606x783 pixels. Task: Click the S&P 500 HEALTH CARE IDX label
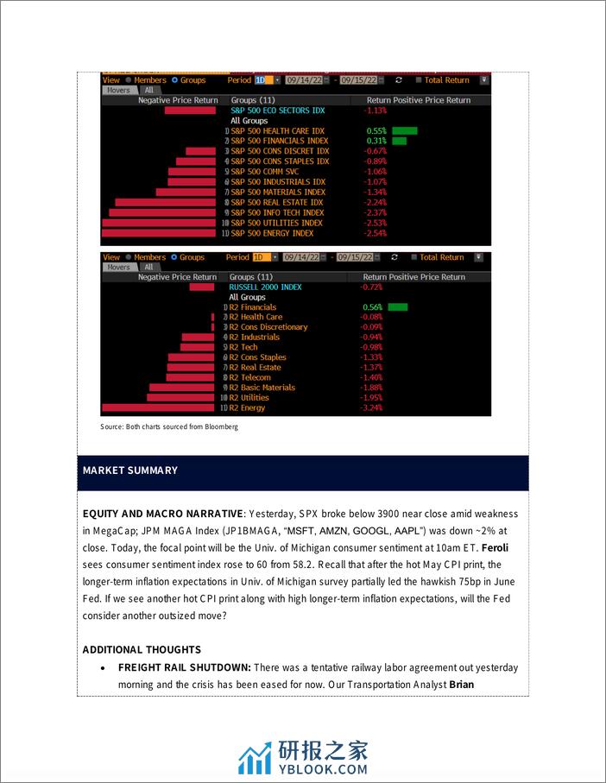pyautogui.click(x=277, y=130)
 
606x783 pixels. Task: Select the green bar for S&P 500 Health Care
pyautogui.click(x=404, y=130)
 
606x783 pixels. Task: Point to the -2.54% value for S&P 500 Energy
pyautogui.click(x=376, y=233)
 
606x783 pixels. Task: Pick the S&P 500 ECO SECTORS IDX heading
pyautogui.click(x=278, y=111)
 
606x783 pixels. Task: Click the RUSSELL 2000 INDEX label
pyautogui.click(x=266, y=287)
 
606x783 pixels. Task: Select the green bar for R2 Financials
pyautogui.click(x=397, y=306)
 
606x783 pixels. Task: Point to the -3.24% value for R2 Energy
pyautogui.click(x=372, y=407)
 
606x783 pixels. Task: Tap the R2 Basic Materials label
pyautogui.click(x=268, y=388)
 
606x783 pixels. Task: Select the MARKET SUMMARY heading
pyautogui.click(x=130, y=470)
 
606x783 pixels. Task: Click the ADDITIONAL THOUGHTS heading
pyautogui.click(x=142, y=649)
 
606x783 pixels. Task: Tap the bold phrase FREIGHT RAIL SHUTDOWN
pyautogui.click(x=184, y=667)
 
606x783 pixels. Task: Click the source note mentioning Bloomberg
pyautogui.click(x=169, y=426)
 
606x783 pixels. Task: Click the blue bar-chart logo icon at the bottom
pyautogui.click(x=255, y=757)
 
